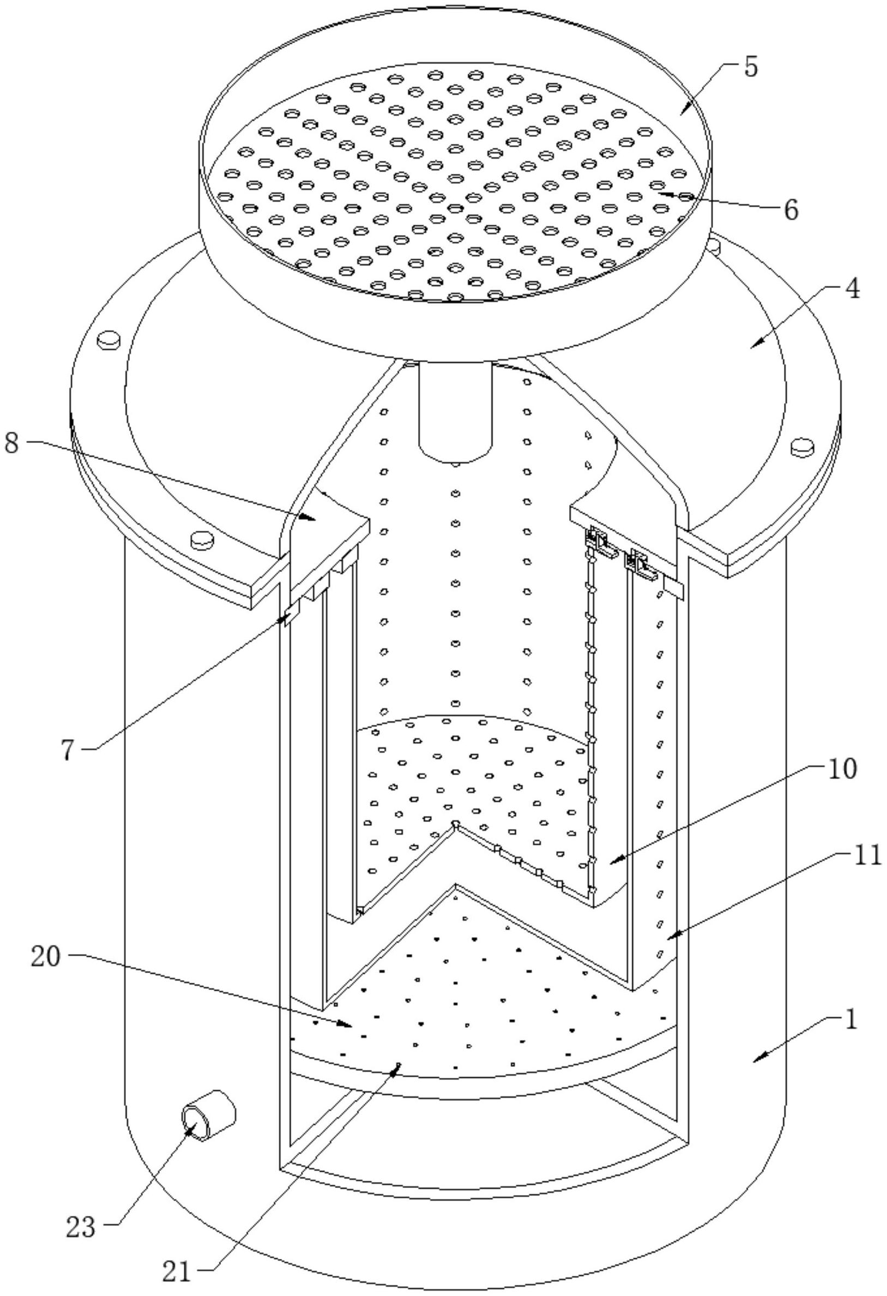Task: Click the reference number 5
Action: (x=750, y=68)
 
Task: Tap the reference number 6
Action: (x=791, y=210)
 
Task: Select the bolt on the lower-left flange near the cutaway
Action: (x=202, y=539)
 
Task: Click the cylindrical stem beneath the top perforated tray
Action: (x=455, y=410)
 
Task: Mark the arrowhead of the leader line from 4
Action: (x=750, y=346)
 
